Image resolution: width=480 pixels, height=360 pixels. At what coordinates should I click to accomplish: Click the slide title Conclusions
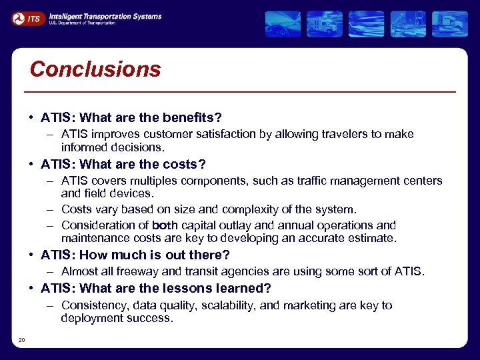pos(95,69)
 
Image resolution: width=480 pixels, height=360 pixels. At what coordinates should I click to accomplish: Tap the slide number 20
pos(21,341)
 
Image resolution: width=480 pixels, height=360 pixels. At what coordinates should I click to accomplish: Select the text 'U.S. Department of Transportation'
pos(82,23)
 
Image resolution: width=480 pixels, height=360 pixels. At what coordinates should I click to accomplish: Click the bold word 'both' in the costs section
pos(165,225)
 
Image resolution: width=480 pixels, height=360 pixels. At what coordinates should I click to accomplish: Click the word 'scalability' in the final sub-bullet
pos(227,305)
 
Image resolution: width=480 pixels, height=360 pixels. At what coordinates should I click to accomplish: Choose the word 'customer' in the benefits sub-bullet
pos(173,134)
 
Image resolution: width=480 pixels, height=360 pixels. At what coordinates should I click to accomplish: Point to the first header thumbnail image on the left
pos(283,24)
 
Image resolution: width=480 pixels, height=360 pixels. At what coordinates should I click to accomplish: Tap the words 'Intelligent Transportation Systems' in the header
pos(105,16)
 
